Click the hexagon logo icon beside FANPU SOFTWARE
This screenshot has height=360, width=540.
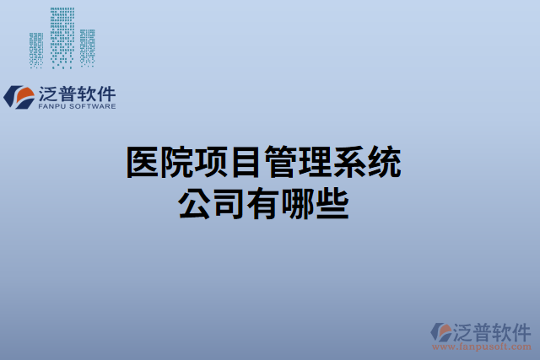tap(18, 96)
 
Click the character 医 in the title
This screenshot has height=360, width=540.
tap(143, 162)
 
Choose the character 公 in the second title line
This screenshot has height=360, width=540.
tap(195, 203)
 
